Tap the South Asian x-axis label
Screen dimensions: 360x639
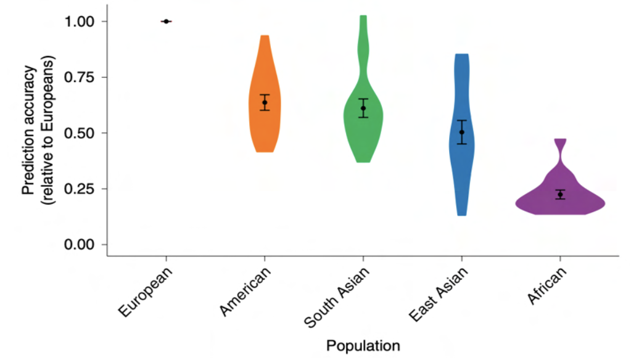click(x=336, y=297)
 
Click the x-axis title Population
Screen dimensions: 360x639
click(x=363, y=345)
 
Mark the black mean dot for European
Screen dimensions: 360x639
click(x=166, y=21)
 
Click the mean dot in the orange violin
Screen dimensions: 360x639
click(x=265, y=102)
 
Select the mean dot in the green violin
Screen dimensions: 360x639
click(x=363, y=108)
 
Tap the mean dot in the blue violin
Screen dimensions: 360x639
click(x=462, y=132)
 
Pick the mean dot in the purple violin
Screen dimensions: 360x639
click(x=560, y=194)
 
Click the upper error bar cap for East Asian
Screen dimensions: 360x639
click(x=462, y=120)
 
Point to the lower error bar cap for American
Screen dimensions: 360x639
click(x=265, y=110)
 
